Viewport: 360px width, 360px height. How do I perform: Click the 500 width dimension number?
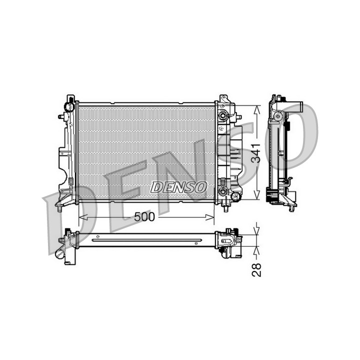[x=144, y=216]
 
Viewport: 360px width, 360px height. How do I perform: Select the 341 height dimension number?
[x=256, y=153]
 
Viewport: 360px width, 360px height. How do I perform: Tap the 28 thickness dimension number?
[x=256, y=269]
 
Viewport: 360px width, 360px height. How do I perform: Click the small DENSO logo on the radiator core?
[x=179, y=187]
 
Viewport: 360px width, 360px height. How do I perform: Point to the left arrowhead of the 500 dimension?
[x=82, y=217]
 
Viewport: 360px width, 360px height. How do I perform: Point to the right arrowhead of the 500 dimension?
[x=210, y=217]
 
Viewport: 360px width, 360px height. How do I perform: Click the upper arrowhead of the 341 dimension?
[x=257, y=110]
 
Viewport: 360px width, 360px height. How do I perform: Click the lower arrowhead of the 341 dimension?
[x=257, y=195]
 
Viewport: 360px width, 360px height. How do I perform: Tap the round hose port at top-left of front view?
[x=69, y=107]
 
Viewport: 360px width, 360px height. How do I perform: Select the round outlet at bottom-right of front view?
[x=236, y=196]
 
